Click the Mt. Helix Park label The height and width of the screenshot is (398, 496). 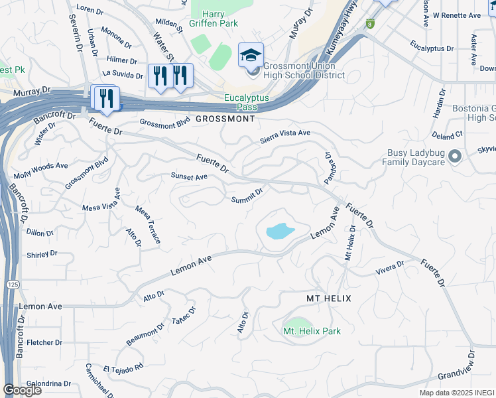pyautogui.click(x=312, y=331)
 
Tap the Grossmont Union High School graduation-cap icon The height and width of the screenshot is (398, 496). pyautogui.click(x=251, y=55)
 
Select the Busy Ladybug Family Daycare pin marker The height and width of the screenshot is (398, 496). pyautogui.click(x=454, y=157)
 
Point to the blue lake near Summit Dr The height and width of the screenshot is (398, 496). pyautogui.click(x=280, y=232)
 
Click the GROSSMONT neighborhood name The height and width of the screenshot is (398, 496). pyautogui.click(x=225, y=119)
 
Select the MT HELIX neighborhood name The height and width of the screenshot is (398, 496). pyautogui.click(x=328, y=299)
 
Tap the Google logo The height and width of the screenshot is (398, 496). pyautogui.click(x=22, y=390)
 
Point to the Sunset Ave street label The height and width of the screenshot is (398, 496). pyautogui.click(x=189, y=176)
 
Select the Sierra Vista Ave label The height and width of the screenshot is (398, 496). pyautogui.click(x=284, y=135)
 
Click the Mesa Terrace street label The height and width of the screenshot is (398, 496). pyautogui.click(x=148, y=224)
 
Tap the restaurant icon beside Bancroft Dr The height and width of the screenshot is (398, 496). pyautogui.click(x=105, y=99)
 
